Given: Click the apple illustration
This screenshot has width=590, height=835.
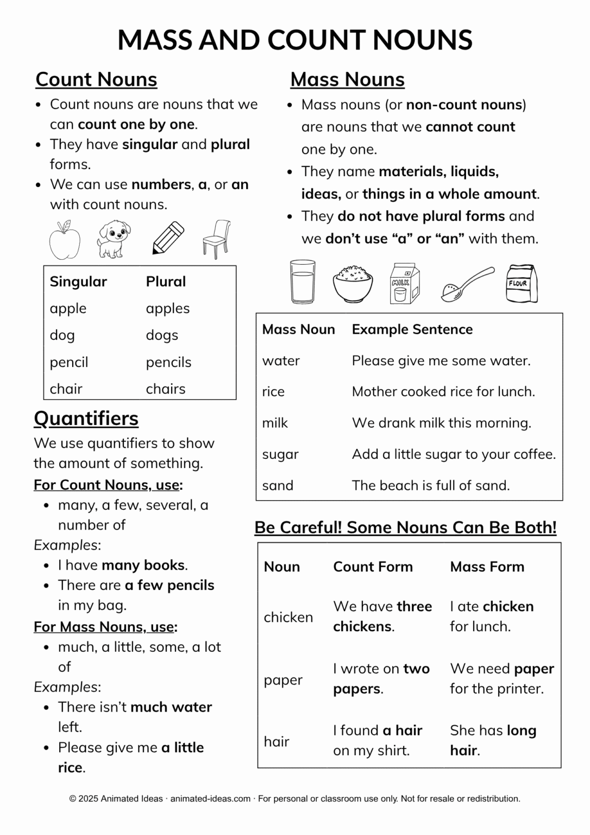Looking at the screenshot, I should coord(65,240).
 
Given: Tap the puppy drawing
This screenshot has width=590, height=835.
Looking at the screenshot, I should coord(114,239).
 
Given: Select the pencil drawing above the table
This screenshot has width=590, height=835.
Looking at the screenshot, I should coord(168,238).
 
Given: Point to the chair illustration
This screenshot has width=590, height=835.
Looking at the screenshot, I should coord(217,239).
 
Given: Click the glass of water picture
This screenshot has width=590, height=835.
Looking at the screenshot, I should coord(303,282).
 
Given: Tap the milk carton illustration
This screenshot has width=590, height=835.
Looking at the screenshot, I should coord(404,283).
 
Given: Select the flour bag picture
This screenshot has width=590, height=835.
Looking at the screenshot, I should coord(521,283).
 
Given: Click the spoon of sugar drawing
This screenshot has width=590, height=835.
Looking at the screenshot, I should coord(466,284).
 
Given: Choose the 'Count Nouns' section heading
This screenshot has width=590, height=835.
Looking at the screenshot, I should coord(96,79).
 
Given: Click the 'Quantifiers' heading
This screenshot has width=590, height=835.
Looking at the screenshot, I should coord(86,418).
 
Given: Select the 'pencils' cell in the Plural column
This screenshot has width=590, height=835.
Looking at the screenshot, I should coord(168,362).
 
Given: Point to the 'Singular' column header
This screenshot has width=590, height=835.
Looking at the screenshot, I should coord(78,282).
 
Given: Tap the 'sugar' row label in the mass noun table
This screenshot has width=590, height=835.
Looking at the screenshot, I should coord(280,454).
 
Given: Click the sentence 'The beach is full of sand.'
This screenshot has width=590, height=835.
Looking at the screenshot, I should coord(430,485).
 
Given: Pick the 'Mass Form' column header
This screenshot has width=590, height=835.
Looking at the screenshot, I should coord(487,566).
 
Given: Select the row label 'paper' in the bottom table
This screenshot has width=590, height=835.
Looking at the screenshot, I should coord(283,680).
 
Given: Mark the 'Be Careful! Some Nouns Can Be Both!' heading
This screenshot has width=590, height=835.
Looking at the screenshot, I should coord(405,527).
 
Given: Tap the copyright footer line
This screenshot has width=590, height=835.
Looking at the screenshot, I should coord(294,799).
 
